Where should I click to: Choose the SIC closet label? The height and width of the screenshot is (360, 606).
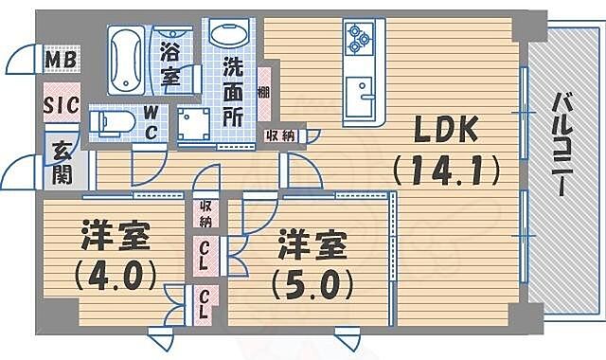click(x=60, y=106)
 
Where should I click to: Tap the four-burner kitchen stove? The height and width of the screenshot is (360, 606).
click(x=360, y=39)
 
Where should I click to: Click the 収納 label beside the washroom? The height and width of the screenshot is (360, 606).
click(x=282, y=135)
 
